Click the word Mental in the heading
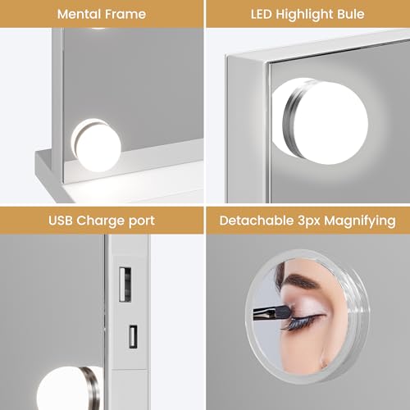click(x=80, y=14)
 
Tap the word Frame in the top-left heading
click(x=125, y=14)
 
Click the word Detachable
click(x=257, y=221)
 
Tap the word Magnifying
click(x=360, y=221)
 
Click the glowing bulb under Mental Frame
click(x=97, y=145)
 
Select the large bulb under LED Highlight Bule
click(x=321, y=121)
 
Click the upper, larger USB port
click(x=125, y=285)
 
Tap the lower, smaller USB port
click(x=133, y=336)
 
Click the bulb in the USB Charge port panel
click(x=68, y=388)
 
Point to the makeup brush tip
click(x=285, y=312)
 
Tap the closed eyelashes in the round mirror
click(x=302, y=321)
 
